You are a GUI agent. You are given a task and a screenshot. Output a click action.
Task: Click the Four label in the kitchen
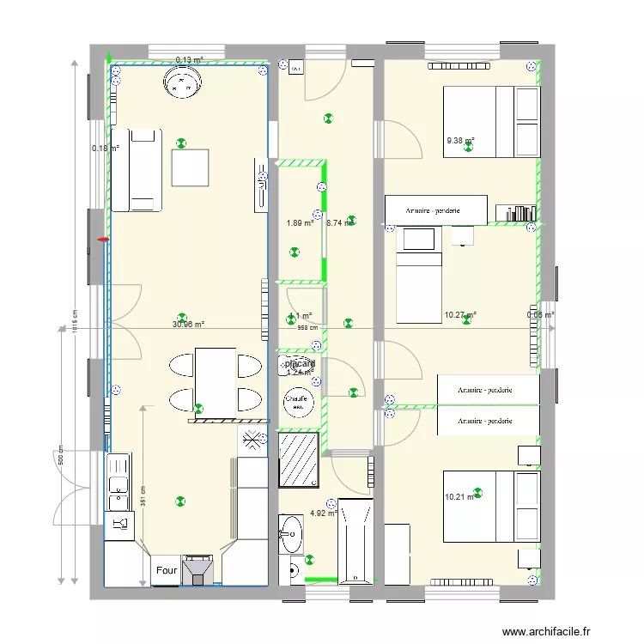[167, 569]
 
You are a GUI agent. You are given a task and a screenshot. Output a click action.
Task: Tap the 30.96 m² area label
[189, 325]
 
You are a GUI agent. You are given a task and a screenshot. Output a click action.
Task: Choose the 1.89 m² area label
[300, 224]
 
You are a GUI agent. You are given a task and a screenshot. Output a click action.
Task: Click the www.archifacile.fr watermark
[546, 631]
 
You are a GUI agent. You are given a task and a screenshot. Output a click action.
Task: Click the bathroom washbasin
[291, 533]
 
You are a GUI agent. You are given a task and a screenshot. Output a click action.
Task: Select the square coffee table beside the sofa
[190, 167]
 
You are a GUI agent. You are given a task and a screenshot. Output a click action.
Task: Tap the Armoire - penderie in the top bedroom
[435, 210]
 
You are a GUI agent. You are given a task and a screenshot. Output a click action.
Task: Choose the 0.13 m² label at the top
[189, 60]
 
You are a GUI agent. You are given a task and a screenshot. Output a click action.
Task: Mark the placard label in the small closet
[300, 364]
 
